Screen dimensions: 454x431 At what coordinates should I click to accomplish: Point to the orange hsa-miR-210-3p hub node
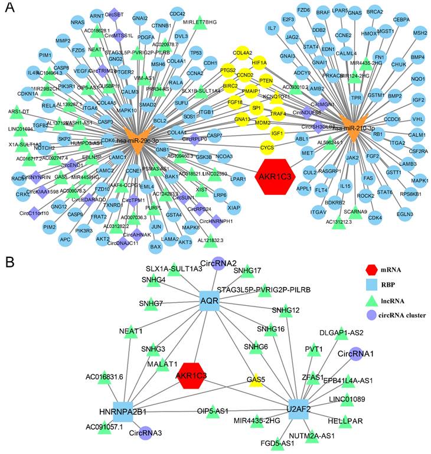[355, 132]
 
